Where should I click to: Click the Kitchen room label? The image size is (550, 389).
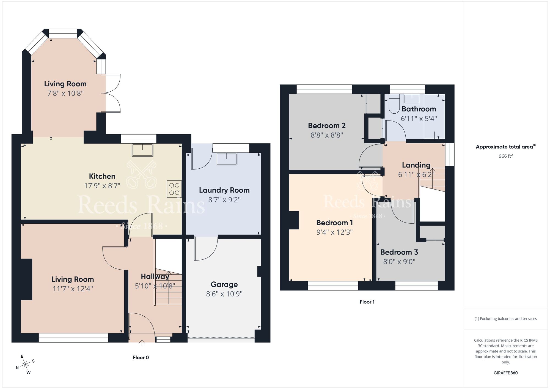[102, 176]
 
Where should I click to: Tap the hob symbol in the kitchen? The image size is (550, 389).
[174, 189]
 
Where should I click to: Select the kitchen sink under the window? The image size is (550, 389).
[142, 150]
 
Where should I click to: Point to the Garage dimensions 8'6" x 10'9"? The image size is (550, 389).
[224, 294]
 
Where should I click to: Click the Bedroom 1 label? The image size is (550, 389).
[334, 223]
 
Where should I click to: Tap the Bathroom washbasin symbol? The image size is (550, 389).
[412, 99]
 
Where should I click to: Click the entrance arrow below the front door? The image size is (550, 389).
[142, 343]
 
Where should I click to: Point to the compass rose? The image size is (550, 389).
[25, 365]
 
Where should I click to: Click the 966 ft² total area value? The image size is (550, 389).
[505, 156]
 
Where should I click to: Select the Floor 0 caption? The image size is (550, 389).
[141, 357]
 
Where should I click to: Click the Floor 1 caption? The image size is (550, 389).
[367, 302]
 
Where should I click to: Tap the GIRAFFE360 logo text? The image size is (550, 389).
[505, 373]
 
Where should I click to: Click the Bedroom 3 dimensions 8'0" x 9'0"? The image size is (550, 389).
[399, 261]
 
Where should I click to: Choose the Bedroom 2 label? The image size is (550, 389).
[327, 126]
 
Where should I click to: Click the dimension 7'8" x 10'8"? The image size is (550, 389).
[65, 93]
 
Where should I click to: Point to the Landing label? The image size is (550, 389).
[416, 165]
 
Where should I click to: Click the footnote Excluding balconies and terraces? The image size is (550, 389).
[505, 319]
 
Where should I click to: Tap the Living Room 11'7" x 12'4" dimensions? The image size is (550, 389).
[73, 289]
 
